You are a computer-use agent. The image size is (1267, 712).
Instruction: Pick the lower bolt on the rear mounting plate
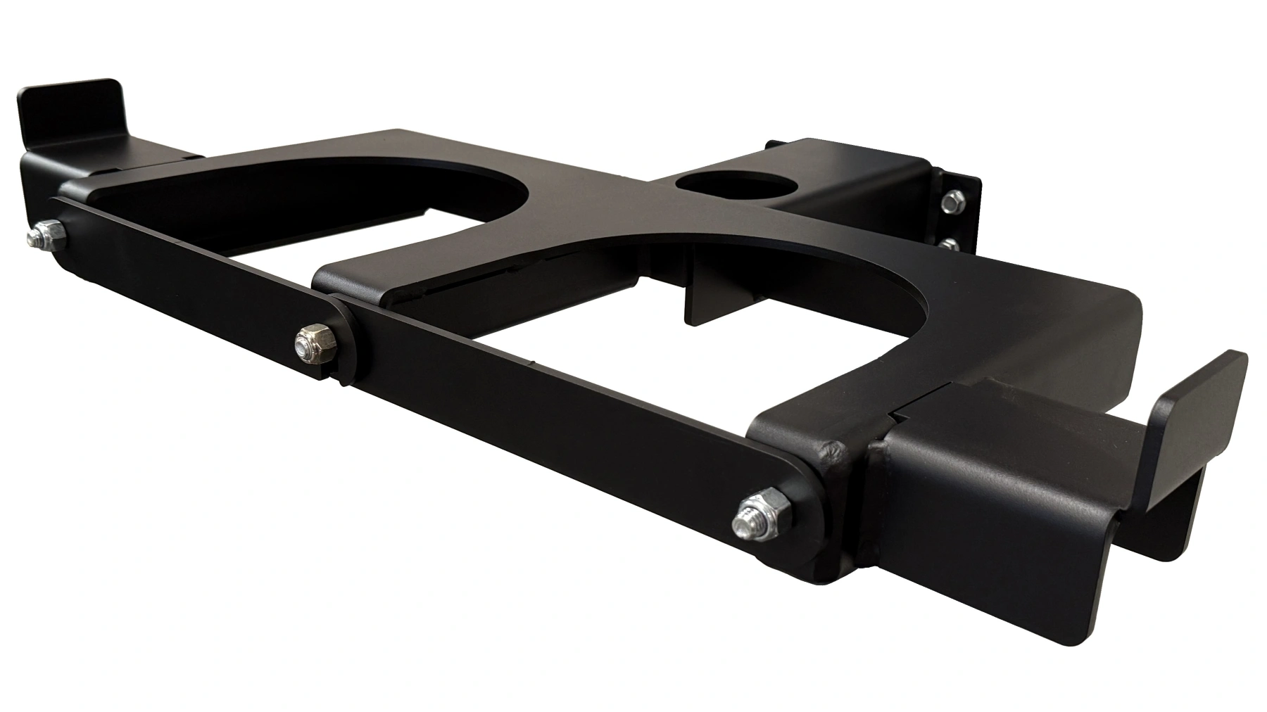pyautogui.click(x=950, y=244)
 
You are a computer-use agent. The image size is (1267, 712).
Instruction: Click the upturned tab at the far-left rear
pyautogui.click(x=70, y=109)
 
